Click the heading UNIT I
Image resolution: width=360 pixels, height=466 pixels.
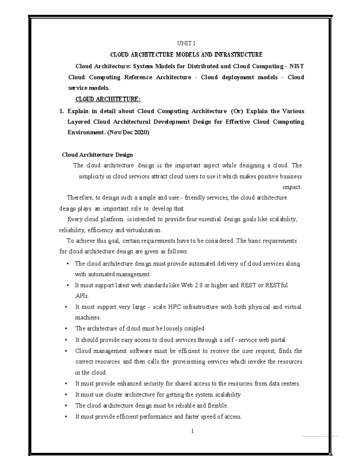[186, 44]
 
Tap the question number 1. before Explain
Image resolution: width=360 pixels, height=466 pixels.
[61, 111]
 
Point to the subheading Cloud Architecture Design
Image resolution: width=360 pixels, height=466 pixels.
[97, 155]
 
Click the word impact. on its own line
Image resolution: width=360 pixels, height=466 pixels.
[292, 187]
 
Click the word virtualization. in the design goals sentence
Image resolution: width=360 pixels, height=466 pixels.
[144, 230]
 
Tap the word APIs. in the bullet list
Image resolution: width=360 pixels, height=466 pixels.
[82, 296]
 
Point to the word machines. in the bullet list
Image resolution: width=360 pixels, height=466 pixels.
[88, 317]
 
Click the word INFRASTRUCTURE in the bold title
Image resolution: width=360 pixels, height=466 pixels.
[238, 55]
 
